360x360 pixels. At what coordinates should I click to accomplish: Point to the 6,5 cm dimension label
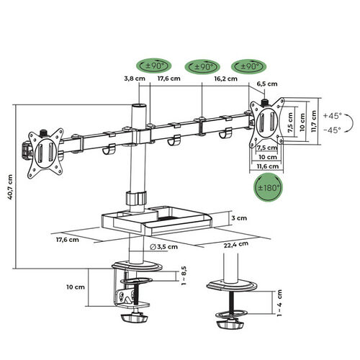coord(267,84)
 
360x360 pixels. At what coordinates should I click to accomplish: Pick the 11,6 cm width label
coord(268,166)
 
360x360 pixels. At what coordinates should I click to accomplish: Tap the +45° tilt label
coord(333,115)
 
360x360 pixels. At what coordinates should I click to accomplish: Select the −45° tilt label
coord(333,130)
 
